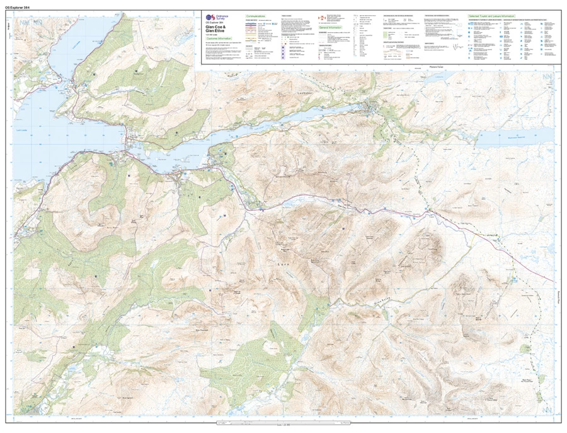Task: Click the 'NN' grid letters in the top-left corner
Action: (25, 23)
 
